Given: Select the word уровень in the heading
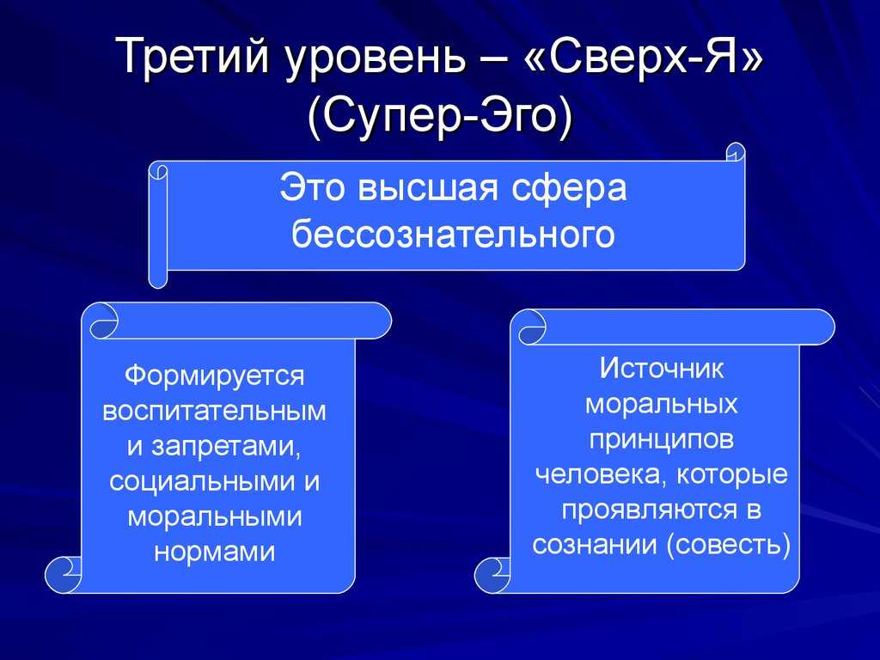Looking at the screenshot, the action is point(376,59).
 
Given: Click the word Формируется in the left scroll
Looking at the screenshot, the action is point(214,376).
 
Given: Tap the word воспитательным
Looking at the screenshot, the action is point(214,411).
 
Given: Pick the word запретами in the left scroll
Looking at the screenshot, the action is point(223,446).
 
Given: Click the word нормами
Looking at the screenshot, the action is point(214,553).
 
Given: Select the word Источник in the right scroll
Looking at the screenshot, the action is point(662,369).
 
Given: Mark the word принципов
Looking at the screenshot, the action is point(662,440).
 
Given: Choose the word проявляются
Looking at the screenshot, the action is point(646,510).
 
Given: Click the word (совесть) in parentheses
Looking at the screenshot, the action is point(729,544).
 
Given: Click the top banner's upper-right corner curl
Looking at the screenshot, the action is point(736,152).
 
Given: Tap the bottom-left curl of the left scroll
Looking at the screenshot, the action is point(62,574).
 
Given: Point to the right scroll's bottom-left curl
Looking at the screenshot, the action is point(492,575).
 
